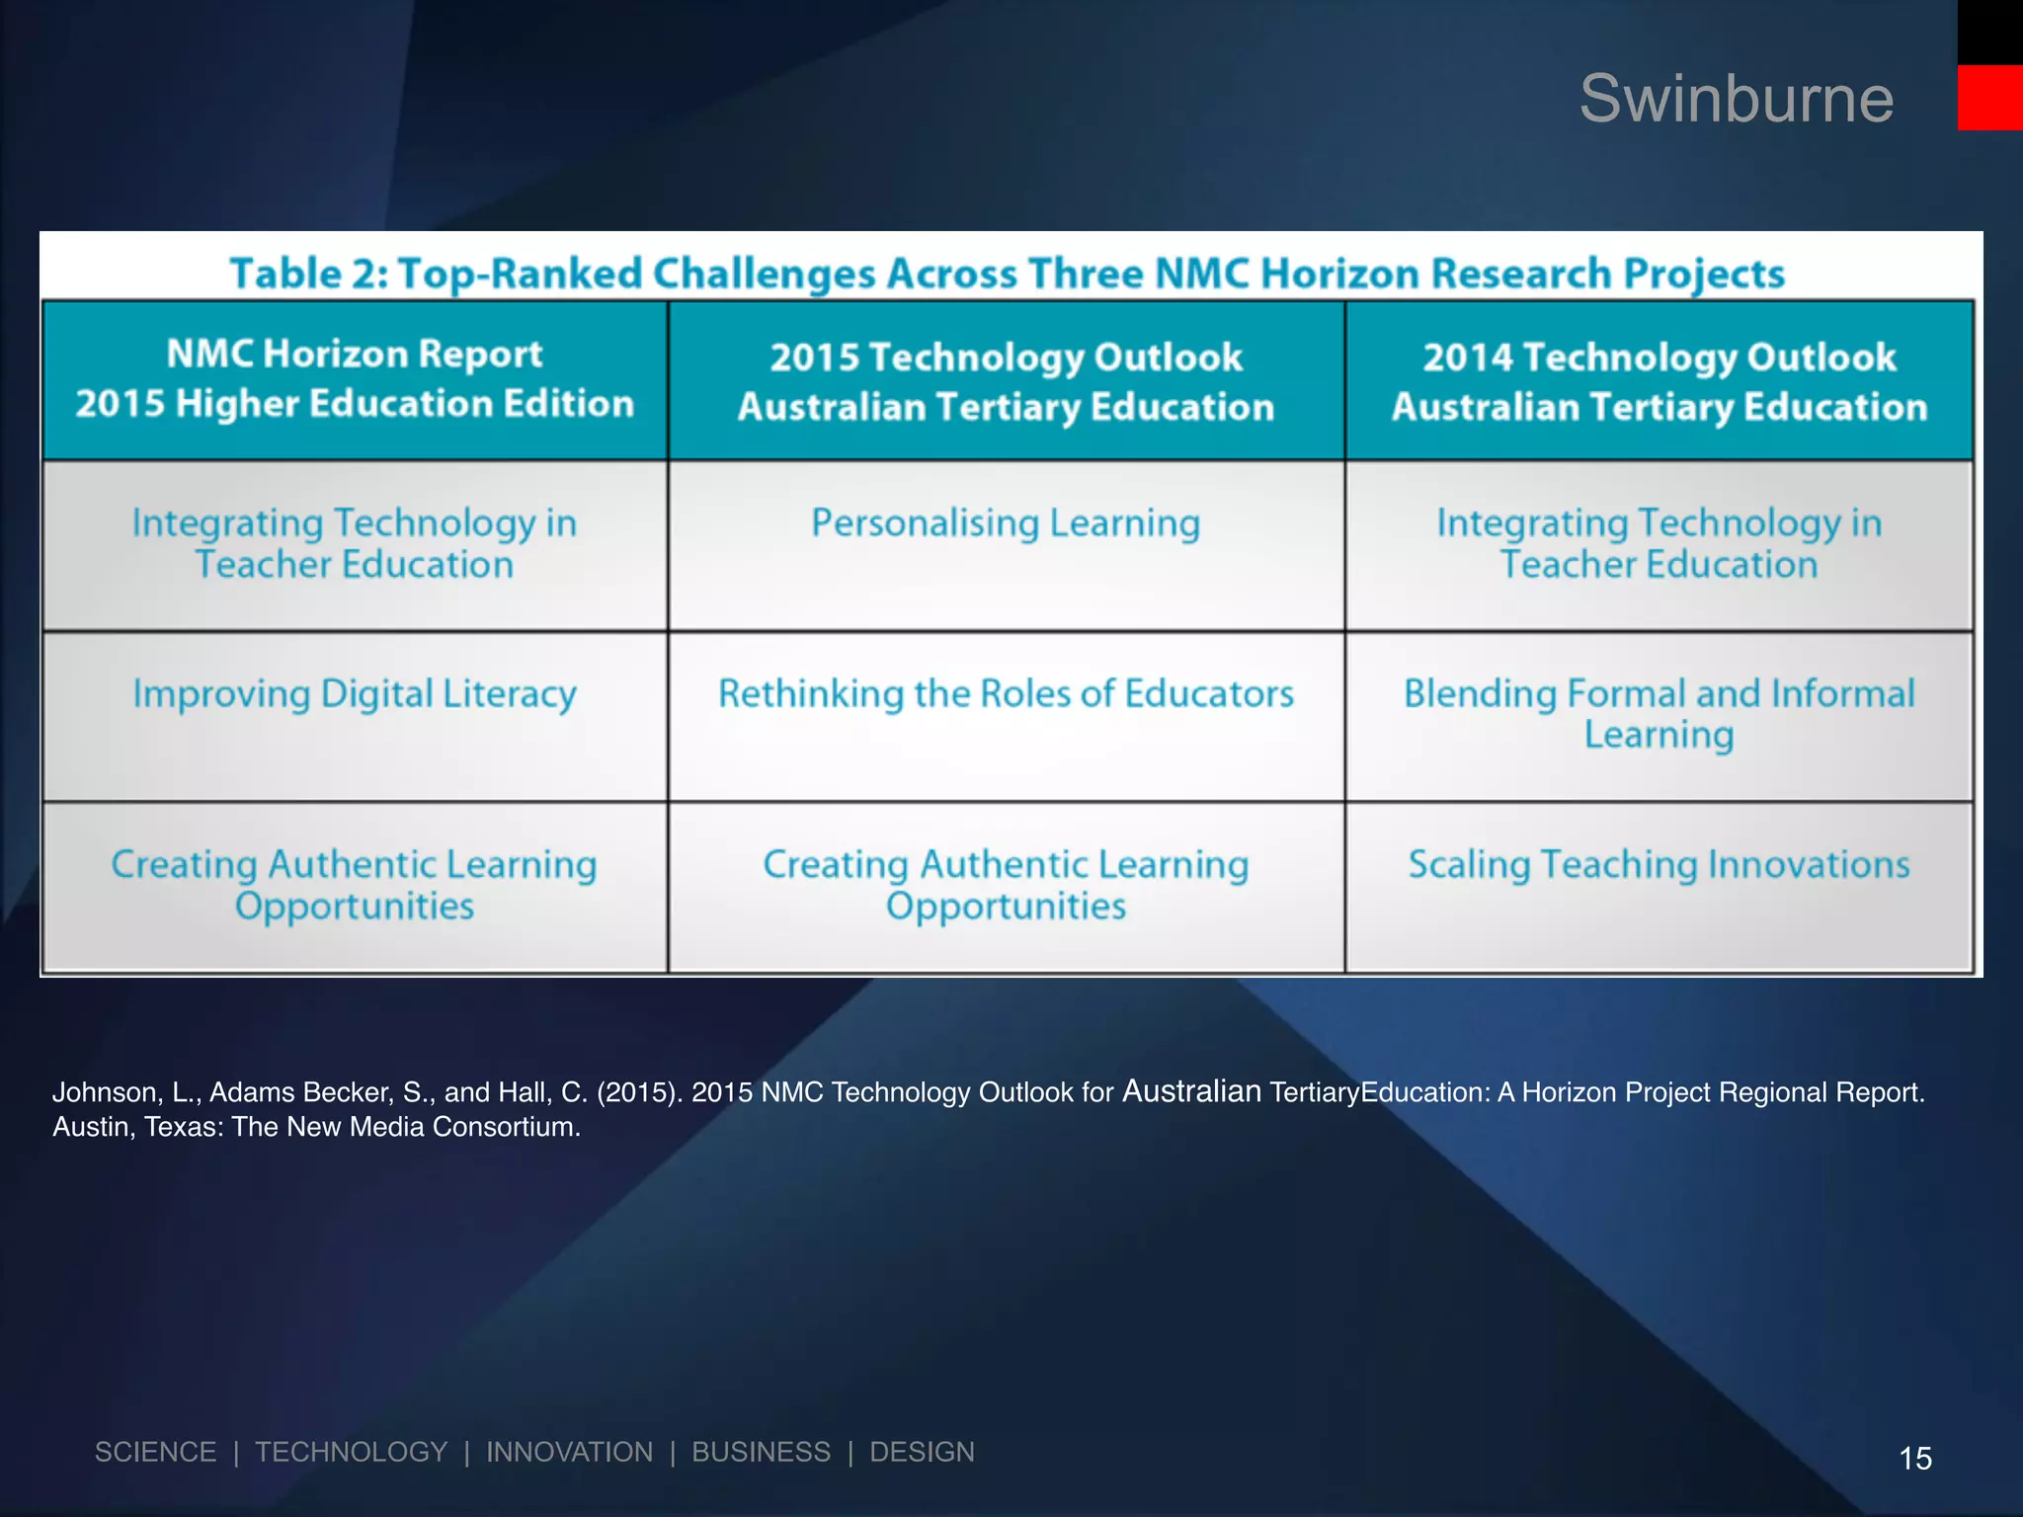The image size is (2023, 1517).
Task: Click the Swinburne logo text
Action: (x=1736, y=99)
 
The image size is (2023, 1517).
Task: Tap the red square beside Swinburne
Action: (x=1989, y=97)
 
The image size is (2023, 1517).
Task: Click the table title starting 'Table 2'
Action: (x=1007, y=274)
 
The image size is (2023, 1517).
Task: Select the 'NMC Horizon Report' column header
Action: (x=355, y=379)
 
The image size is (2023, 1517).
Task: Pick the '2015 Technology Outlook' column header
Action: (x=1006, y=381)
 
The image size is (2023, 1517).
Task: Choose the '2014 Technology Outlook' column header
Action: (x=1659, y=381)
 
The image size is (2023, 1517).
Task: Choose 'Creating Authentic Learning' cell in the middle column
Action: (x=1006, y=885)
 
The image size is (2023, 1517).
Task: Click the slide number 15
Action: (x=1915, y=1458)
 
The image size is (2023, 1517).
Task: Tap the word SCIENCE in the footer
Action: (x=155, y=1452)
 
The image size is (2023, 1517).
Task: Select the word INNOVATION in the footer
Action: (x=569, y=1452)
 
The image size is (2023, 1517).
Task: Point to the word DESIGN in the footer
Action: (x=922, y=1452)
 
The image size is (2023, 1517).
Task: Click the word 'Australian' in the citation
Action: (x=1191, y=1091)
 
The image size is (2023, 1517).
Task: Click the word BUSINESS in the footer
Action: (x=761, y=1452)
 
